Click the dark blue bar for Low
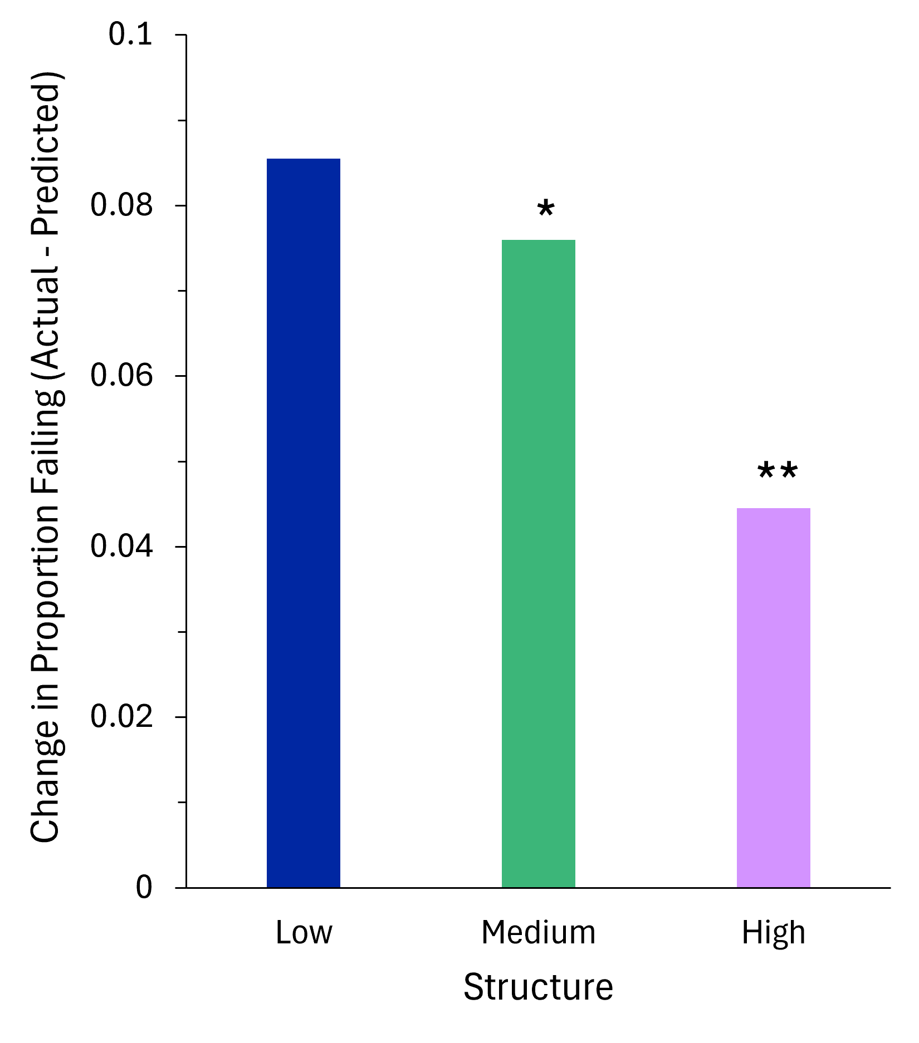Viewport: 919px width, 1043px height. pos(304,523)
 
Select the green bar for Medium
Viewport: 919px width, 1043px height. pos(539,563)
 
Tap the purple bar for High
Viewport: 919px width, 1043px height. pos(774,697)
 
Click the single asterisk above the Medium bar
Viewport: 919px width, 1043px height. pos(546,210)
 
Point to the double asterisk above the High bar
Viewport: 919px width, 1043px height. pos(778,472)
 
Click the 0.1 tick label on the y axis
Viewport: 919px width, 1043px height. pos(130,35)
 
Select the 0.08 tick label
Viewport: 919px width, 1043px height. pos(121,205)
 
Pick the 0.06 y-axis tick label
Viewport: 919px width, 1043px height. pos(121,376)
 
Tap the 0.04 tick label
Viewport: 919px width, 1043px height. pos(121,547)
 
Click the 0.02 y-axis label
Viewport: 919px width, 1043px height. pos(121,717)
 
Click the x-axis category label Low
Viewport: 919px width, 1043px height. pos(304,933)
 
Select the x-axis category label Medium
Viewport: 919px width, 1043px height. pos(539,933)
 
